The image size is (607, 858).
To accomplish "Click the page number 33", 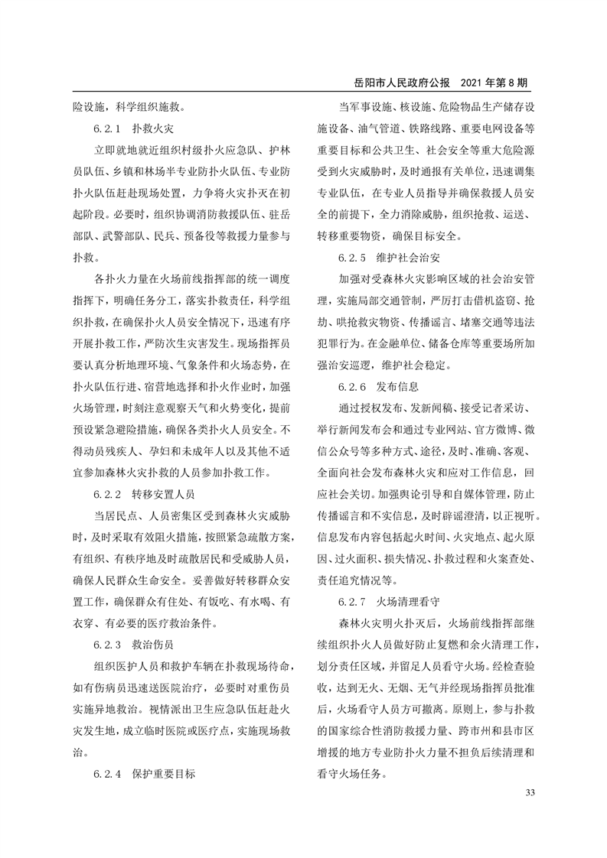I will tap(528, 791).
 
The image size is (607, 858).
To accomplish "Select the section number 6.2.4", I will tap(108, 774).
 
